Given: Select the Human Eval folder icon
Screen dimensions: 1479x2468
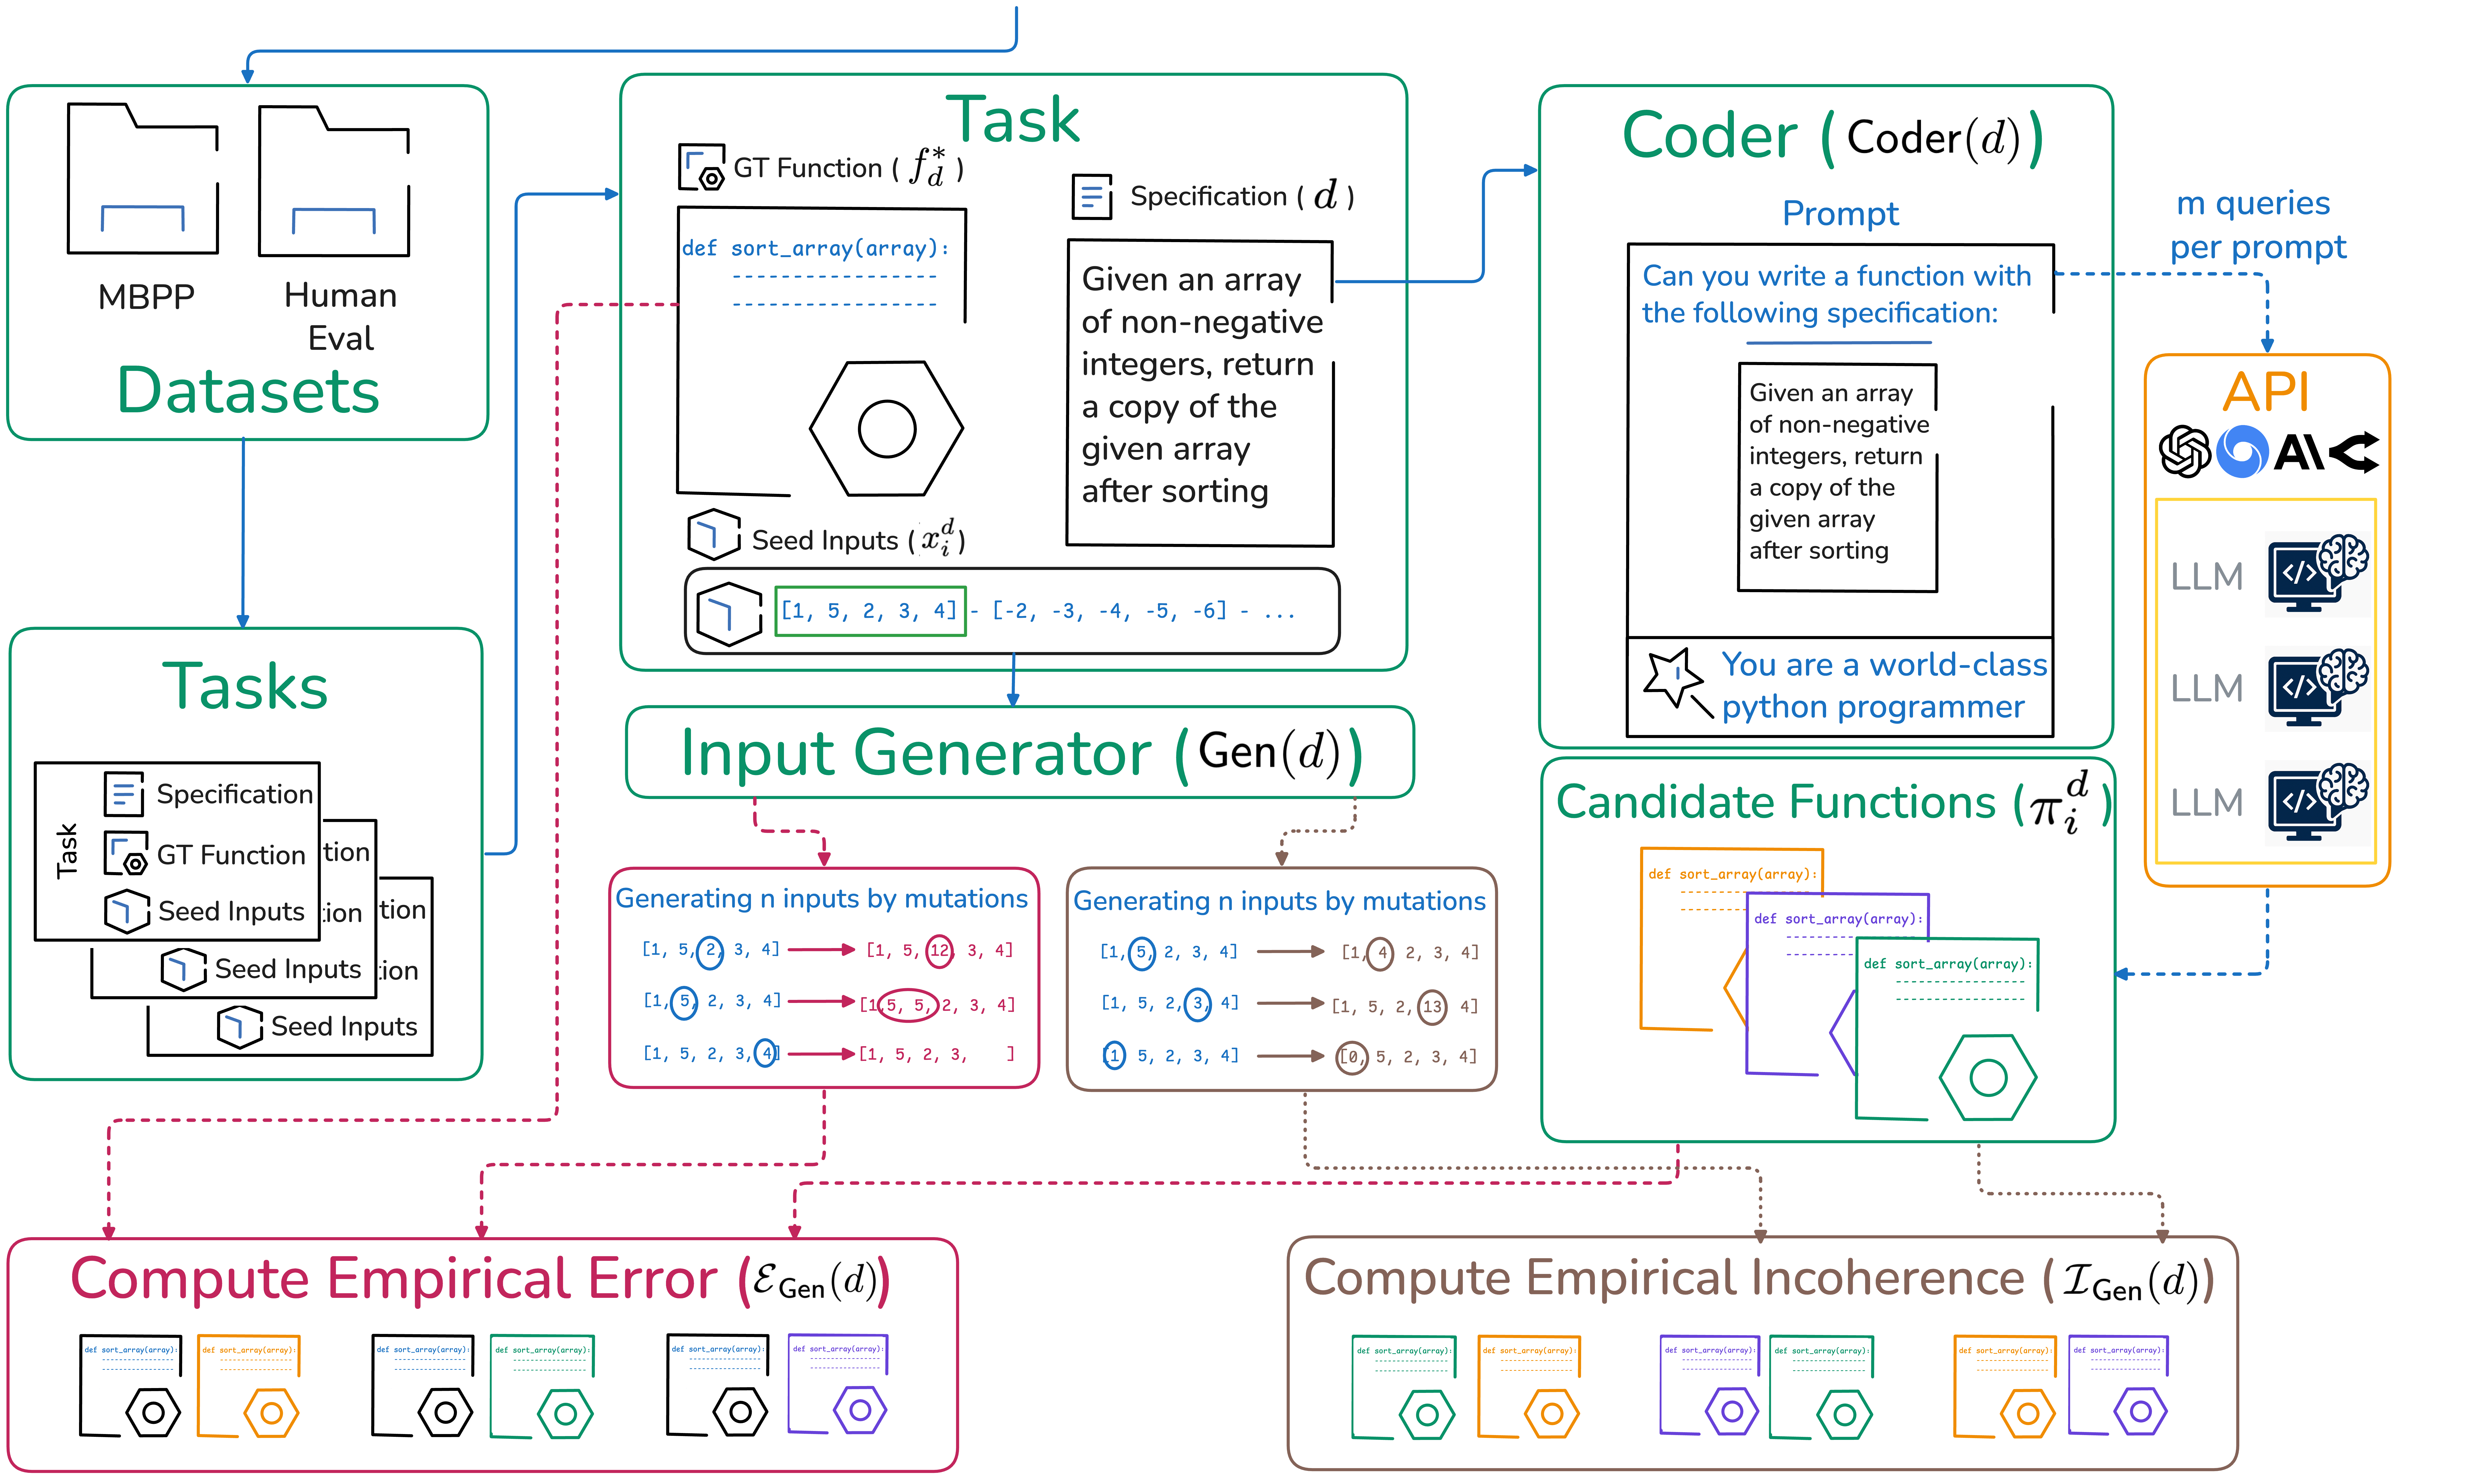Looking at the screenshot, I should (x=334, y=181).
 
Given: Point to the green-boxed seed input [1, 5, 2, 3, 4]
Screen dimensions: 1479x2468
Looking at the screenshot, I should (x=869, y=611).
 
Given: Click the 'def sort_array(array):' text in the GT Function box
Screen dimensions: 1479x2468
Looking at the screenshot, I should (x=815, y=248).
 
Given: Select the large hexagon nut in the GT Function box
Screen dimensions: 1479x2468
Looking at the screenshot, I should (x=886, y=429).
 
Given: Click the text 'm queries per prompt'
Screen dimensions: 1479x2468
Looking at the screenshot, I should (x=2257, y=225).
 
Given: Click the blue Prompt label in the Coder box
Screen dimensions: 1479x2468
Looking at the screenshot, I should (x=1840, y=213).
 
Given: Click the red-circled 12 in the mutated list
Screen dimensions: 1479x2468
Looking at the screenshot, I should (x=939, y=950).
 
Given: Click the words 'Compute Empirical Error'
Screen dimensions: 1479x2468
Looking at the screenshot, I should (x=394, y=1279).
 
